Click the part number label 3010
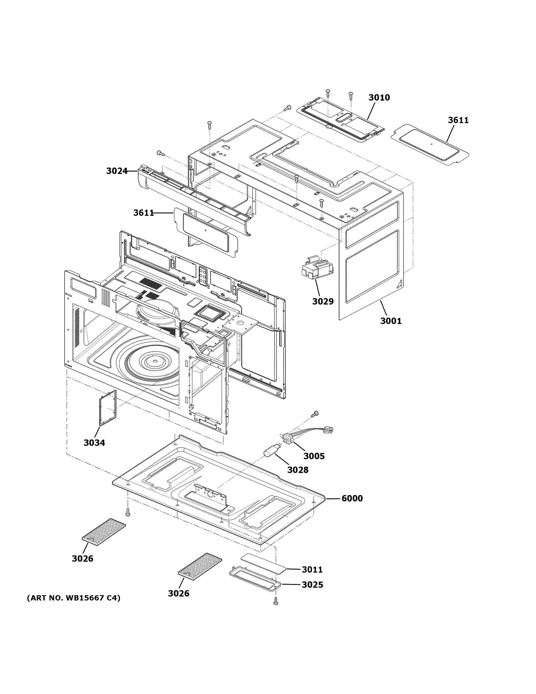coord(379,97)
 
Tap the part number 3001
coord(391,321)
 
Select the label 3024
coord(116,171)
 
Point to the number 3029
coord(323,301)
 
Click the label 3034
coord(94,443)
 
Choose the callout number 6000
coord(352,498)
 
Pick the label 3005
coord(314,456)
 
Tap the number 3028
coord(298,470)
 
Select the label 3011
coord(312,570)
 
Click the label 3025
coord(312,585)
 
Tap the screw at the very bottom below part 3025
coord(276,601)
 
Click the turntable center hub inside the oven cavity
coord(154,361)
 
